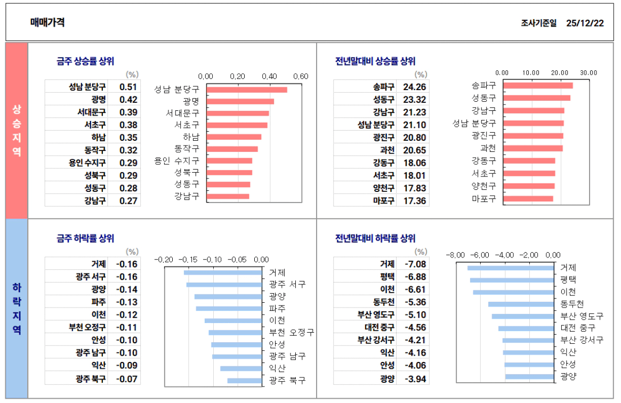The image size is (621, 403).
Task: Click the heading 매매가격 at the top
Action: tap(47, 22)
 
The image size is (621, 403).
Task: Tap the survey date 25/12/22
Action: tap(585, 23)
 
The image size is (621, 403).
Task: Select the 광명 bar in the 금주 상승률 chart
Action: tap(240, 101)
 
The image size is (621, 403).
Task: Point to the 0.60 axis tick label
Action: tap(301, 76)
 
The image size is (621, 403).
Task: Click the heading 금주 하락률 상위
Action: tap(85, 239)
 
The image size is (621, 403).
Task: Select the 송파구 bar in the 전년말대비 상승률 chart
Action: tap(537, 85)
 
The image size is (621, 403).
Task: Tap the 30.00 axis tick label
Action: tap(588, 72)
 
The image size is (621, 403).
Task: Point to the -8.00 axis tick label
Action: tap(456, 255)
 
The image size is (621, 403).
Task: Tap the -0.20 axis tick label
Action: tap(164, 260)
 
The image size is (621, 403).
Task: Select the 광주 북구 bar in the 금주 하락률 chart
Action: tap(244, 381)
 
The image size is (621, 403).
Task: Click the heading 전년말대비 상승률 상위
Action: tap(375, 61)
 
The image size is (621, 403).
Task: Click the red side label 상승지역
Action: tap(17, 131)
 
